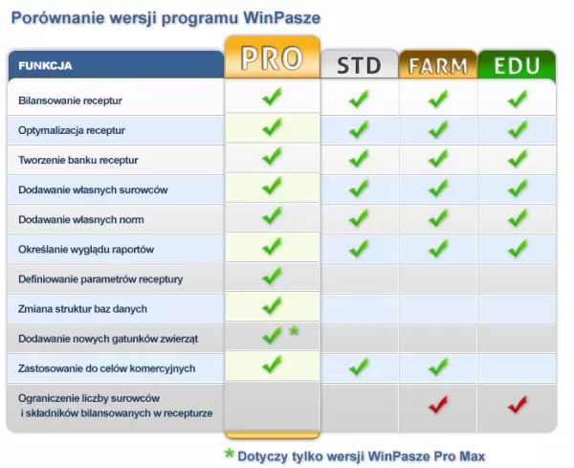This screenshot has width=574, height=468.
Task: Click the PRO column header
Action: tap(272, 57)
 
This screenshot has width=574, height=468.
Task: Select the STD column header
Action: tap(359, 64)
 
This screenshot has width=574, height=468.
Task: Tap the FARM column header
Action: tap(438, 65)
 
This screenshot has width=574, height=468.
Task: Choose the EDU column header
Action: tap(517, 65)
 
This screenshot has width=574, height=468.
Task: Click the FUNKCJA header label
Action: tap(45, 66)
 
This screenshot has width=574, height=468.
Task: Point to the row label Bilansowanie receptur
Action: tap(70, 100)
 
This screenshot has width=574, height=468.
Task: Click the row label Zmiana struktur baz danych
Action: tap(82, 309)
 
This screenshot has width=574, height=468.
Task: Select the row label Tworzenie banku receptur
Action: tap(78, 160)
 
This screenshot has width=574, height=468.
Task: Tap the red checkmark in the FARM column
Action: tap(438, 404)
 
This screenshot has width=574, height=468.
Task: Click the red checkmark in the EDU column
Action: tap(518, 404)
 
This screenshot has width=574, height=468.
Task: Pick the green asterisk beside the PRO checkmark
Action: tap(294, 331)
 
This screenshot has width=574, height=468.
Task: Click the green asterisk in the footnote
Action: tap(230, 454)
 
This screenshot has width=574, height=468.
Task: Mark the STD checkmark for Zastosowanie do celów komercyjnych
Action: tap(359, 367)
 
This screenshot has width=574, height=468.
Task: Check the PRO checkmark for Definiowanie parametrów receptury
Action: tap(272, 276)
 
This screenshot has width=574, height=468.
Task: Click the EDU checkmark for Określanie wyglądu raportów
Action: tap(518, 248)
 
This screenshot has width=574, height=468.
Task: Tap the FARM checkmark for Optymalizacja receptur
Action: tap(438, 129)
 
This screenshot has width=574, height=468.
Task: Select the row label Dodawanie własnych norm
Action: tap(81, 220)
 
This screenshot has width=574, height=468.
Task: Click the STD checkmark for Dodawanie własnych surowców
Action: tap(359, 189)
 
